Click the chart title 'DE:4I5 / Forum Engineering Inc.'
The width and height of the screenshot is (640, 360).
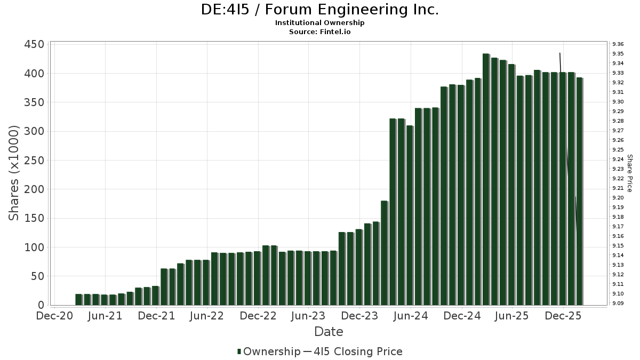pos(319,10)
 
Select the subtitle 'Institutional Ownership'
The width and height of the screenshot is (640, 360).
pos(319,23)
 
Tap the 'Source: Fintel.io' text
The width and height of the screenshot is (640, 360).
pos(319,31)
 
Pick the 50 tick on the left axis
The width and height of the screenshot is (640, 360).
pos(38,276)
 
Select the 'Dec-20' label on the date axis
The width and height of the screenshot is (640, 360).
pos(54,316)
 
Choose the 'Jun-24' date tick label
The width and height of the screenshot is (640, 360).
pos(411,316)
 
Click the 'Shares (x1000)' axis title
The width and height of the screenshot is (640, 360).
pos(14,173)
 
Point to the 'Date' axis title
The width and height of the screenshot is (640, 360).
pos(329,332)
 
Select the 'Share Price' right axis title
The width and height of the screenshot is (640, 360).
pos(629,173)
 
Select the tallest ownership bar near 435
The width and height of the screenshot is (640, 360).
pos(486,179)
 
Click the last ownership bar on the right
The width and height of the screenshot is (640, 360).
pos(579,191)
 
